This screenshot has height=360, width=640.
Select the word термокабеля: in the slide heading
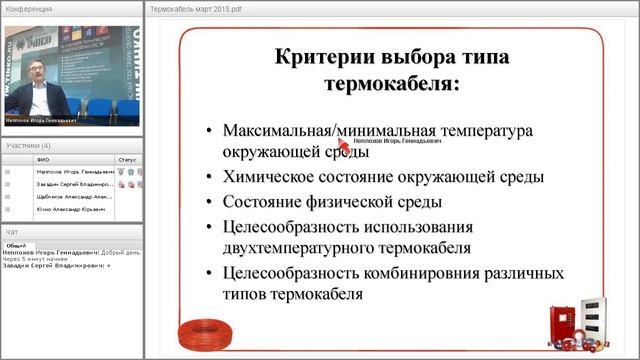[x=392, y=84]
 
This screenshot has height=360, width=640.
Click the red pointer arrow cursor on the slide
[x=344, y=143]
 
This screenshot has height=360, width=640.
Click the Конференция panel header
[x=29, y=8]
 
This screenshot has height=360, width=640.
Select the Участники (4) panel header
[x=31, y=146]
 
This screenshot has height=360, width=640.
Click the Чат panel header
[x=12, y=232]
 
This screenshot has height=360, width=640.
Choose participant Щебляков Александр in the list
[x=67, y=198]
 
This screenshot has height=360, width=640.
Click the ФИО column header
[x=43, y=159]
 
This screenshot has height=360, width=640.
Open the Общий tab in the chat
[x=16, y=245]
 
